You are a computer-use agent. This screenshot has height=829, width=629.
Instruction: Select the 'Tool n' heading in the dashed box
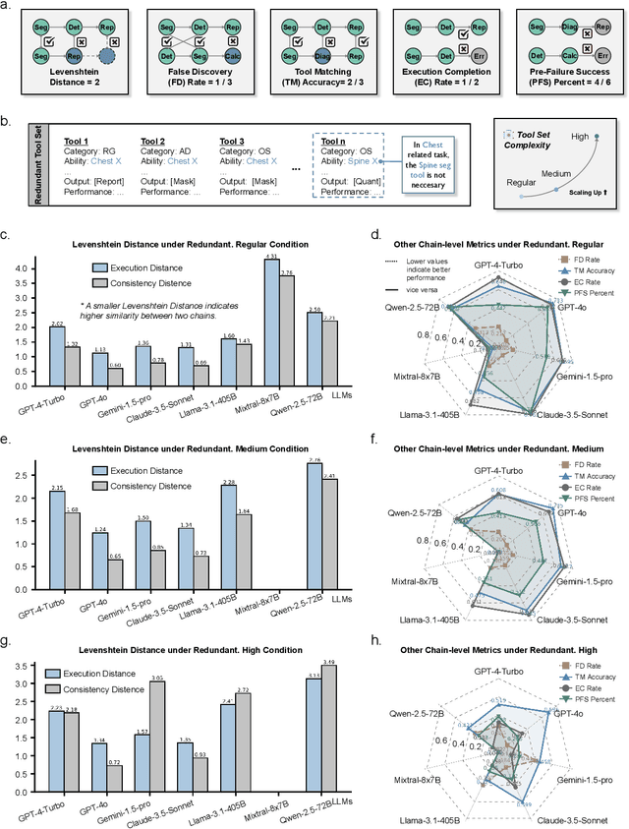(x=334, y=140)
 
